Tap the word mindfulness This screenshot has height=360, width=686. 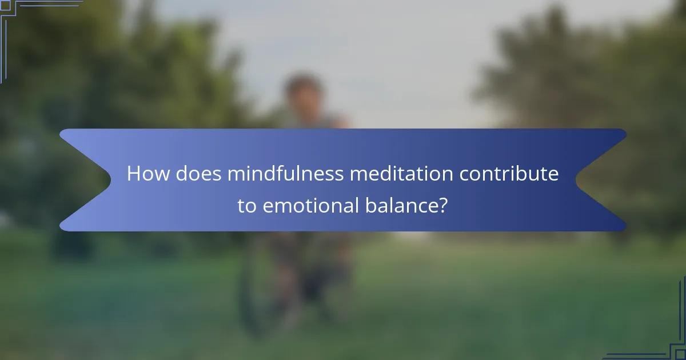285,174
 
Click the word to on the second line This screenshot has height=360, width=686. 247,206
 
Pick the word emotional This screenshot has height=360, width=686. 309,206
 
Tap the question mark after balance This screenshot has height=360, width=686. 442,206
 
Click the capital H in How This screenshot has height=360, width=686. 134,174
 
